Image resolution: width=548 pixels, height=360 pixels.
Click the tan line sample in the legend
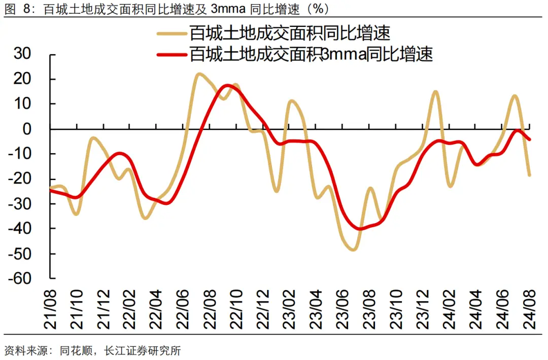[x=172, y=33]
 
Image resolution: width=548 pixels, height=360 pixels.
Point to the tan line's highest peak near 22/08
[x=199, y=74]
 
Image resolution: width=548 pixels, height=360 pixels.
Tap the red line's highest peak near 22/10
[x=228, y=85]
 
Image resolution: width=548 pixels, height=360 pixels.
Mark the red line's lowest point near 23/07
[x=360, y=229]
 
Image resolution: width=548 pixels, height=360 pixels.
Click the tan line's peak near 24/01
[x=435, y=92]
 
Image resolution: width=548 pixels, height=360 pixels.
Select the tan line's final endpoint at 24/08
[x=530, y=175]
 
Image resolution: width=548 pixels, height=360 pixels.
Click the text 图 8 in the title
[x=15, y=9]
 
